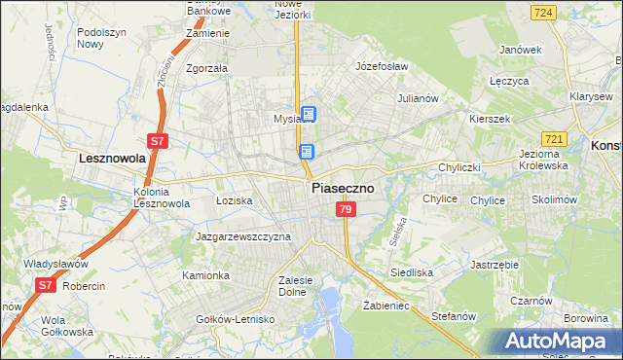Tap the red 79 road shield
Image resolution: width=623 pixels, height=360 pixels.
(x=346, y=210)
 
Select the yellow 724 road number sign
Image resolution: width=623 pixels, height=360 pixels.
(x=544, y=12)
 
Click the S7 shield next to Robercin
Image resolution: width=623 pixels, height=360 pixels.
(x=45, y=285)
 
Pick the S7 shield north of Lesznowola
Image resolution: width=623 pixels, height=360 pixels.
(x=159, y=141)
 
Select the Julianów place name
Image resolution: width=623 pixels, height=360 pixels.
(x=420, y=99)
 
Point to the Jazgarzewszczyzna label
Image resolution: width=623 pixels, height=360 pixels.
(x=243, y=236)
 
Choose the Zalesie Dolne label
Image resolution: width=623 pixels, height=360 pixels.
(x=294, y=285)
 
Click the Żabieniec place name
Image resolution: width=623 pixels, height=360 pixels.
(x=385, y=305)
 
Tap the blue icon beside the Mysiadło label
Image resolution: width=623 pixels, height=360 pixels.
(x=309, y=115)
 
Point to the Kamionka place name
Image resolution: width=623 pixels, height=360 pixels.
(x=205, y=275)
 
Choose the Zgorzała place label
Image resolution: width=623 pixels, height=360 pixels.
(x=206, y=69)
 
